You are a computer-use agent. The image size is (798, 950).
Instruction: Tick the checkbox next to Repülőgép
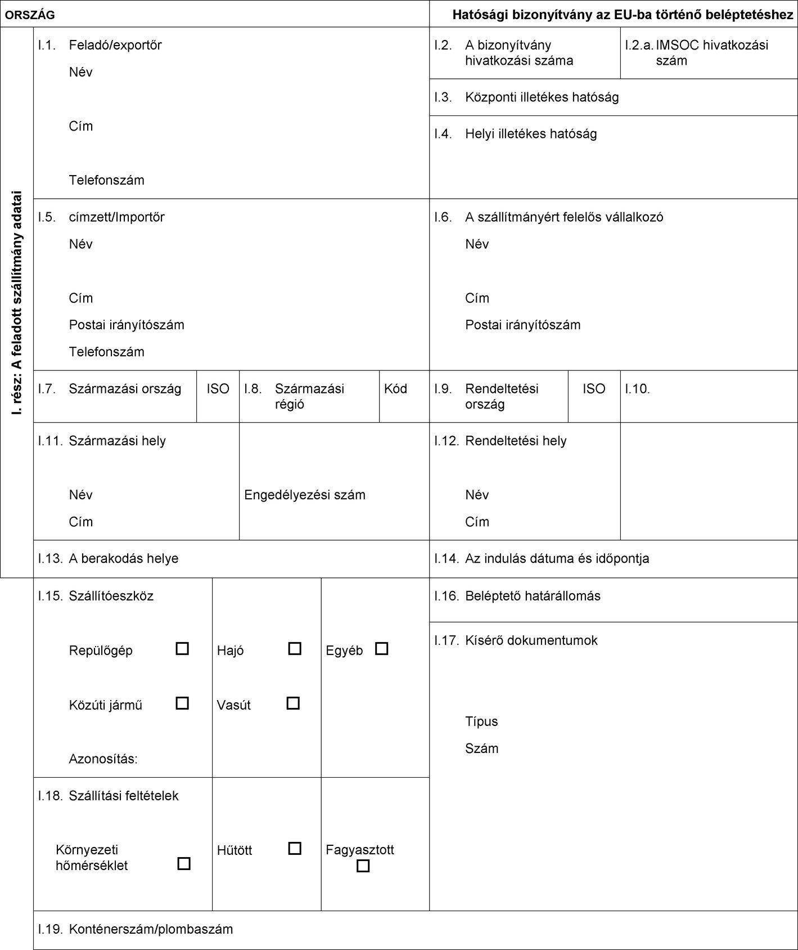pyautogui.click(x=182, y=648)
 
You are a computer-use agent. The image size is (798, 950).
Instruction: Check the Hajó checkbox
pyautogui.click(x=295, y=648)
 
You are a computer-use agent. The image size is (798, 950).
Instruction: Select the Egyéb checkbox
pyautogui.click(x=382, y=648)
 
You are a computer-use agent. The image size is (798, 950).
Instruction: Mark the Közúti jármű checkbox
pyautogui.click(x=182, y=703)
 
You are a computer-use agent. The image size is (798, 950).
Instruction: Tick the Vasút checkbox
pyautogui.click(x=293, y=703)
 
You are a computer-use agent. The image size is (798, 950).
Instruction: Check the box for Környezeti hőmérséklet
pyautogui.click(x=184, y=863)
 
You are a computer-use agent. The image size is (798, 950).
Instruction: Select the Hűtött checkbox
pyautogui.click(x=295, y=848)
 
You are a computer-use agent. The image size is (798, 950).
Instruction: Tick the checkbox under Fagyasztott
pyautogui.click(x=363, y=866)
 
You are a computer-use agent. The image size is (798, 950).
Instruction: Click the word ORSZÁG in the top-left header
pyautogui.click(x=30, y=15)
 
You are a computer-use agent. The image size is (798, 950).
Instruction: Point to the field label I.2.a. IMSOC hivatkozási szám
pyautogui.click(x=711, y=53)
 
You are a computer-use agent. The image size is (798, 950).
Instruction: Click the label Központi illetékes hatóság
pyautogui.click(x=542, y=97)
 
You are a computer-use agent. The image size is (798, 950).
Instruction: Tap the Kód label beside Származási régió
pyautogui.click(x=395, y=389)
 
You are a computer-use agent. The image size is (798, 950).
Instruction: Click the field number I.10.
pyautogui.click(x=637, y=389)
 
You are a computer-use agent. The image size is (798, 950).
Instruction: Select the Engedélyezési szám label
pyautogui.click(x=305, y=495)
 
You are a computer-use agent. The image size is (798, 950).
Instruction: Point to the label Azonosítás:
pyautogui.click(x=103, y=759)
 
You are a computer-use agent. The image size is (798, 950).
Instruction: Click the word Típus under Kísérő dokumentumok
pyautogui.click(x=481, y=722)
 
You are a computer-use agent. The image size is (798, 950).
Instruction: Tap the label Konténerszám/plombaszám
pyautogui.click(x=151, y=929)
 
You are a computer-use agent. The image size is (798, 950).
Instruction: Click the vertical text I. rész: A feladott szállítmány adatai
pyautogui.click(x=17, y=302)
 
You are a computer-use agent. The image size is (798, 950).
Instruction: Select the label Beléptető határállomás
pyautogui.click(x=533, y=596)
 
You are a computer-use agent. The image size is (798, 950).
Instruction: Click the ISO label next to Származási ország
pyautogui.click(x=218, y=389)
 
